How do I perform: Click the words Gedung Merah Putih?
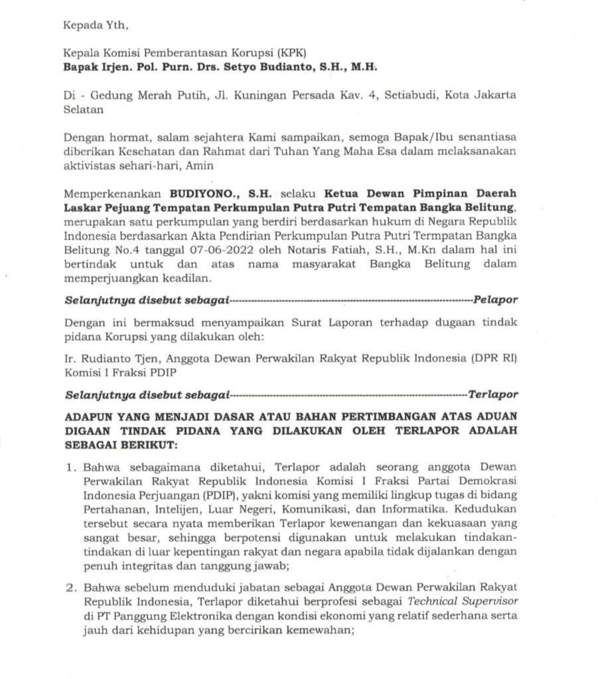tap(135, 95)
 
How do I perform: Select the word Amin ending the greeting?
tap(200, 165)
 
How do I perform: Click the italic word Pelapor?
tap(496, 299)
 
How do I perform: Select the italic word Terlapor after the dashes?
tap(492, 394)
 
